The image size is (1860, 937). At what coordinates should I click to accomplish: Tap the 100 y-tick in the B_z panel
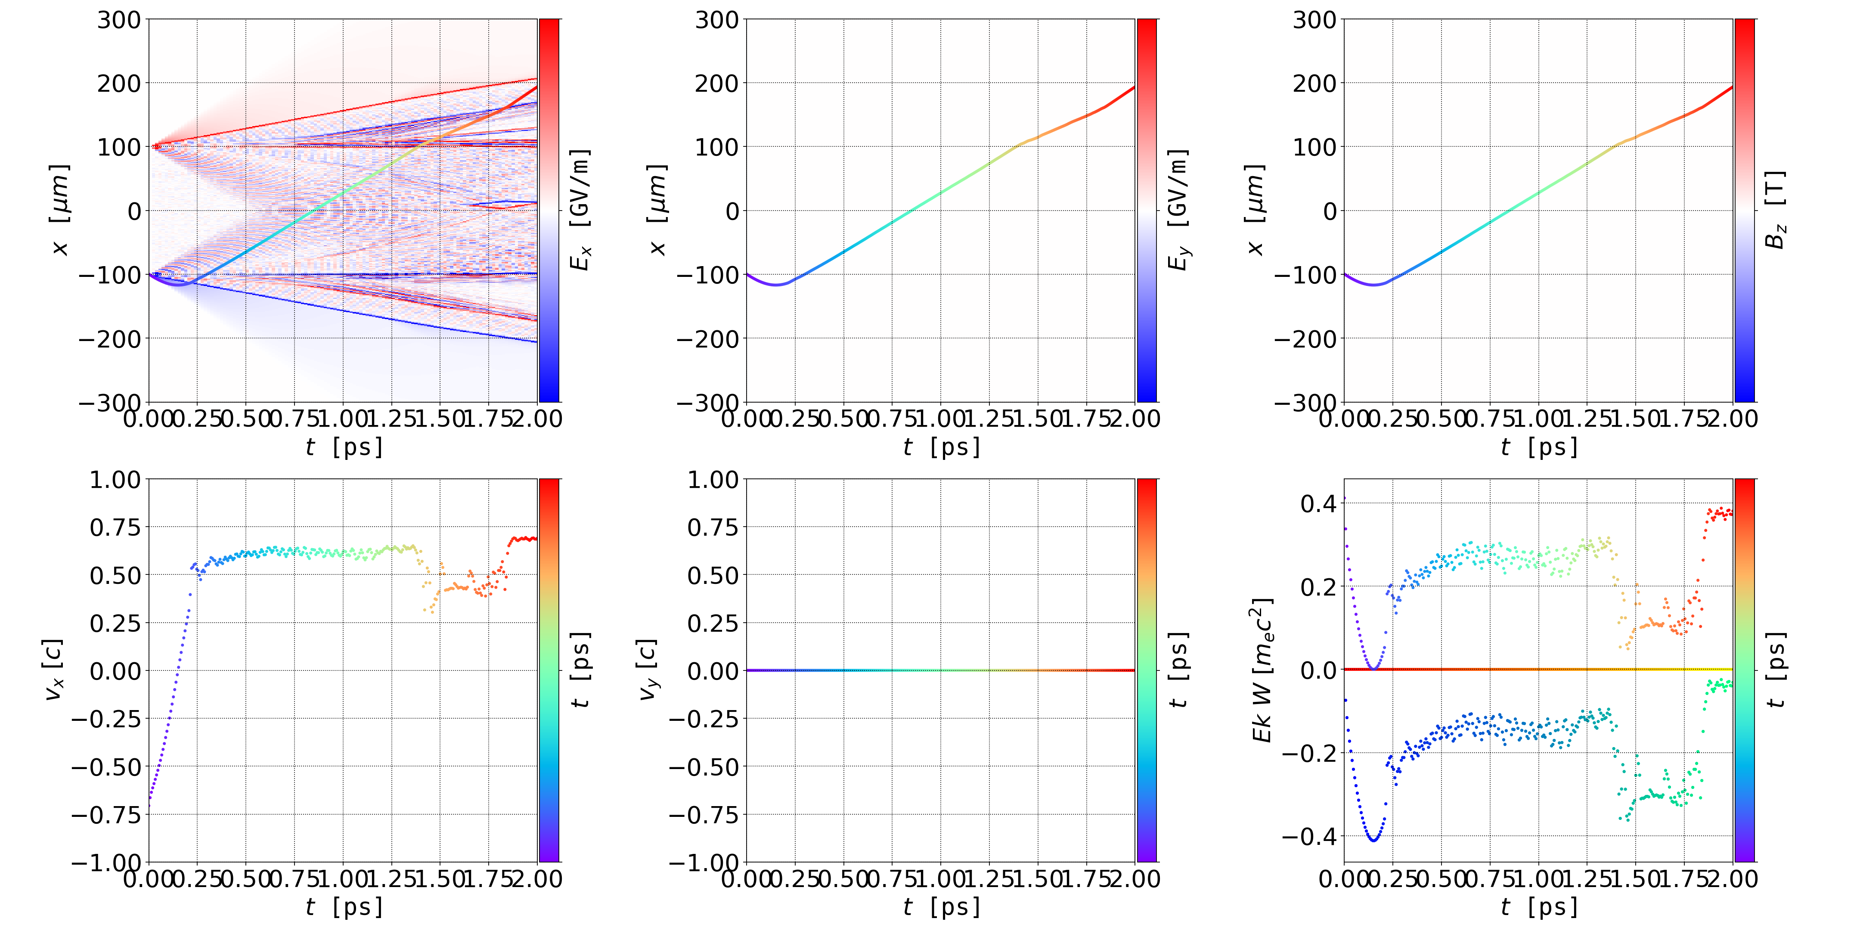click(x=1314, y=146)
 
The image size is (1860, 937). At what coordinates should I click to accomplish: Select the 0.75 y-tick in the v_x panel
click(x=115, y=527)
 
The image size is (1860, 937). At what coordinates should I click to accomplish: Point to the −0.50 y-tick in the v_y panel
click(x=703, y=766)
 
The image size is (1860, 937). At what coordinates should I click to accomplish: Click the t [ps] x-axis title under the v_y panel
click(x=942, y=907)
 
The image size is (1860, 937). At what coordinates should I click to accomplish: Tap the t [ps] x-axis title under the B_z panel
click(x=1539, y=447)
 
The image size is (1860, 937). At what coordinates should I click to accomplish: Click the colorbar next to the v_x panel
click(x=549, y=670)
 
